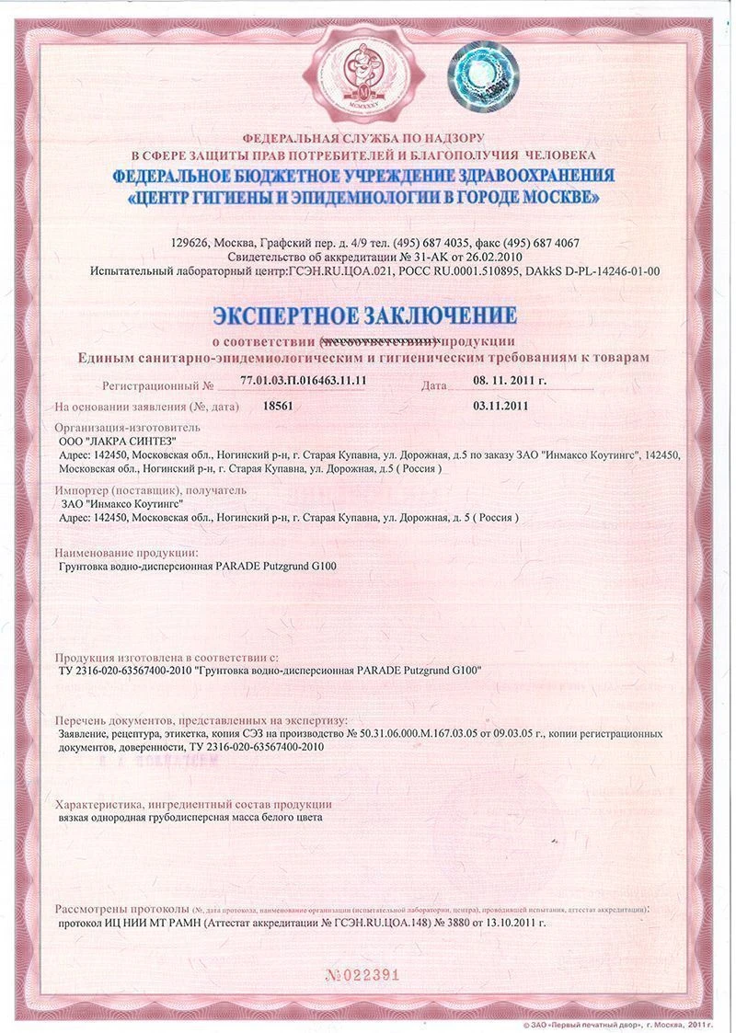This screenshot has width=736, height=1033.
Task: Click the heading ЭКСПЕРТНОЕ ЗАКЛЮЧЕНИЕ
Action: [364, 316]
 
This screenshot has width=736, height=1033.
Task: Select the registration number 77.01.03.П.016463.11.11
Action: [304, 380]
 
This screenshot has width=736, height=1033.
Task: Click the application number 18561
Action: [278, 405]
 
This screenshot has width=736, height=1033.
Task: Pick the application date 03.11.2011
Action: [500, 405]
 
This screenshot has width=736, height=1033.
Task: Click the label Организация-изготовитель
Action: [127, 428]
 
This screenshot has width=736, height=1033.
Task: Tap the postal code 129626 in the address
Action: [190, 243]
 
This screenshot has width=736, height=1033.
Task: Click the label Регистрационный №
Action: [158, 381]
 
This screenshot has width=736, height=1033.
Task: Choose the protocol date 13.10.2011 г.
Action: [510, 922]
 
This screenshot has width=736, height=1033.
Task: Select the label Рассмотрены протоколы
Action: [122, 908]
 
